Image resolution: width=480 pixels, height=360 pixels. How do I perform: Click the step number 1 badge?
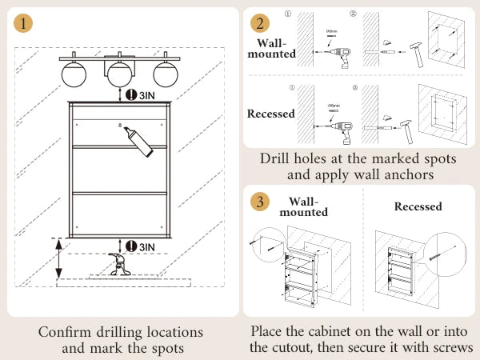(x=25, y=23)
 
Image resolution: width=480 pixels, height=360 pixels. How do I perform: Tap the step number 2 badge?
(x=259, y=22)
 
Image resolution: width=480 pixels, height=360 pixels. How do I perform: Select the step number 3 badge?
(x=259, y=201)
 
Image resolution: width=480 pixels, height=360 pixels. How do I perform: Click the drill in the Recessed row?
(x=342, y=122)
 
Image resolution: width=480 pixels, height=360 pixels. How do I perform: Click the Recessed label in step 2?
(x=270, y=114)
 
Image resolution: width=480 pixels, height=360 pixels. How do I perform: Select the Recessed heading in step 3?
(x=418, y=206)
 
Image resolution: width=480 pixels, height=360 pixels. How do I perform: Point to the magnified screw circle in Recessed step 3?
(x=446, y=255)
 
